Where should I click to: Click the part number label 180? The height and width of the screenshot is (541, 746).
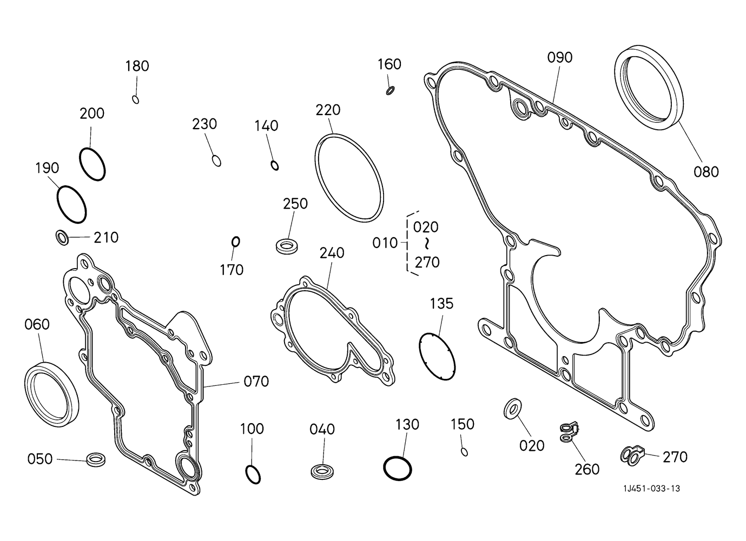coord(137,66)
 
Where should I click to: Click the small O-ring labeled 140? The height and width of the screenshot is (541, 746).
coord(275,165)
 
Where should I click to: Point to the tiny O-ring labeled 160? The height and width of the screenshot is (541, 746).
coord(390,90)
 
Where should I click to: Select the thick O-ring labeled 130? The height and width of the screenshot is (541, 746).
coord(398,467)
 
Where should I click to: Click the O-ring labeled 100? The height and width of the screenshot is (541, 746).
coord(253,473)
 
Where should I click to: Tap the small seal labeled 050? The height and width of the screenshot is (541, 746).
coord(96,459)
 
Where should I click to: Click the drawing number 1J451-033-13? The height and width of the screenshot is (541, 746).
coord(651,489)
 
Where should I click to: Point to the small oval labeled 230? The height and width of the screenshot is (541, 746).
coord(216,161)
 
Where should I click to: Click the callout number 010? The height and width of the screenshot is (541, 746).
coord(385,243)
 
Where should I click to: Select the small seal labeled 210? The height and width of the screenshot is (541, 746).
coord(63,237)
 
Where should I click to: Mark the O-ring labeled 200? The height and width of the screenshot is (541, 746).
coord(92,163)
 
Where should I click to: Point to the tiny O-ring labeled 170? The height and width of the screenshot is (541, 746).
coord(235,241)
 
